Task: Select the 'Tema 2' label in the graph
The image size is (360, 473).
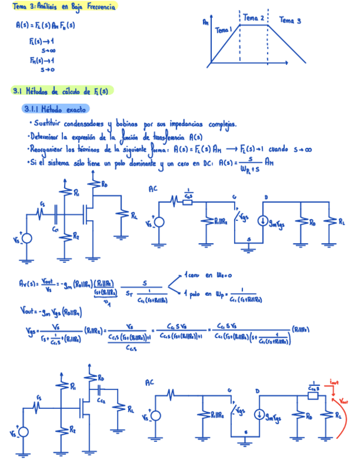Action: point(254,18)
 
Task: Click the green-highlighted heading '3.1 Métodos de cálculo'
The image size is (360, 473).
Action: point(61,90)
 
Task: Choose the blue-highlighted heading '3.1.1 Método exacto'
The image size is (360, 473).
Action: point(55,109)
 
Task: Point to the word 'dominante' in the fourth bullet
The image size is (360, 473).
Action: point(137,163)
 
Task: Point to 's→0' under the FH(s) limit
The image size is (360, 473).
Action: point(47,70)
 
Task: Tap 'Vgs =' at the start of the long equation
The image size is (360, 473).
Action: point(26,331)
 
